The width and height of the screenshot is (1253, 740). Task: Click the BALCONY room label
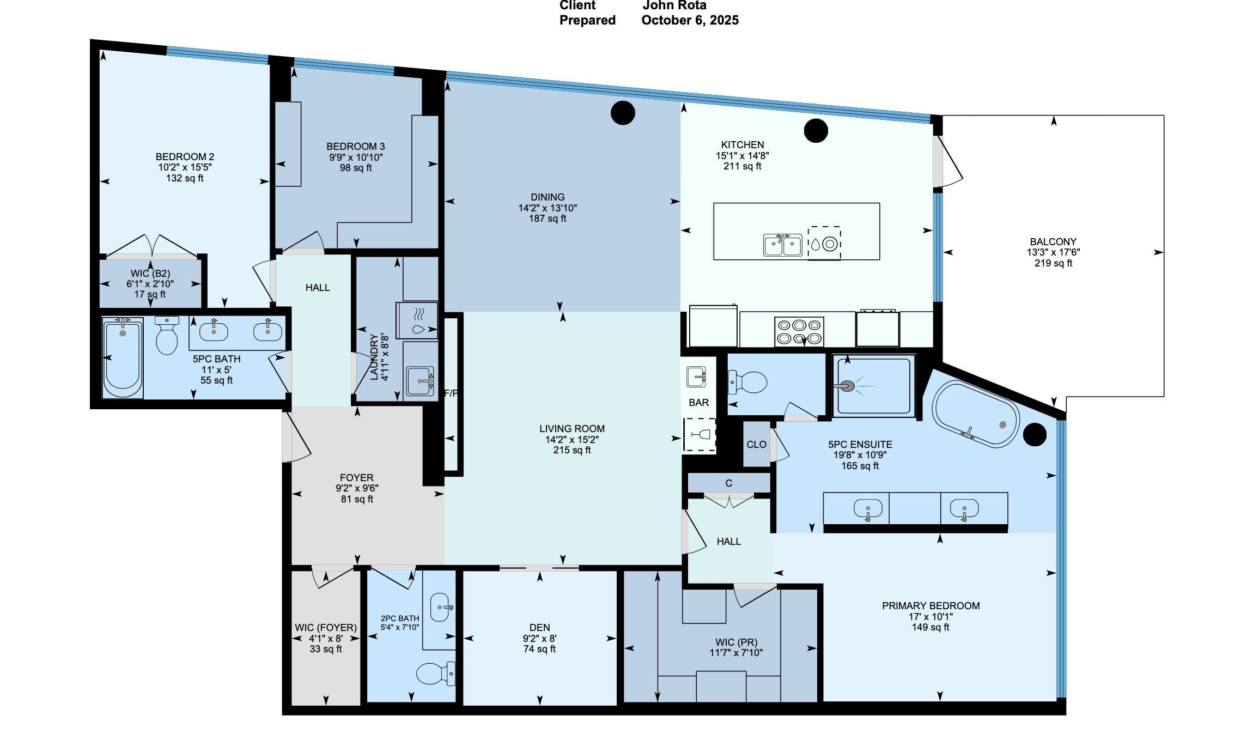[1053, 241]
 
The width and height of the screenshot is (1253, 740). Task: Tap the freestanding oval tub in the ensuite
[975, 414]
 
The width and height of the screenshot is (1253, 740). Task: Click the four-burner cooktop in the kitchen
[799, 331]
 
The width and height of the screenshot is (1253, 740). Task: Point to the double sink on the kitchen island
[782, 245]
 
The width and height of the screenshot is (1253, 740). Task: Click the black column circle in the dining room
[623, 113]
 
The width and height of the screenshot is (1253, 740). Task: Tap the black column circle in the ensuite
[1035, 435]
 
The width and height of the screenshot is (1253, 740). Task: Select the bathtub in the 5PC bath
[123, 358]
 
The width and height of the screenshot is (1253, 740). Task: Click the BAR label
[699, 403]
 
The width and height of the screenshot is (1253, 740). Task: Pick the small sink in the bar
[697, 377]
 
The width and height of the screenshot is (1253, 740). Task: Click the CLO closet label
[756, 445]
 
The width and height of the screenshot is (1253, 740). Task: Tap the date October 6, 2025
[690, 20]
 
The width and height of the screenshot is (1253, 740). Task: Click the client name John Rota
[674, 5]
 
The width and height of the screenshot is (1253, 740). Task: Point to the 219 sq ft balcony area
[1053, 263]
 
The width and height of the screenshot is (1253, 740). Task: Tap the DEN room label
[539, 628]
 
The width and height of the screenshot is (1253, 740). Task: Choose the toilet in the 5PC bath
[167, 335]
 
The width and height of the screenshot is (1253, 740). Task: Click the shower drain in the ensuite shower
[846, 386]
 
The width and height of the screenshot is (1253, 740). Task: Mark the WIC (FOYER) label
[326, 628]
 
